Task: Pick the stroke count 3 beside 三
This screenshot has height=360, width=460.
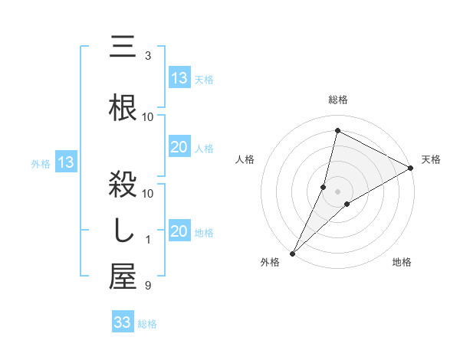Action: [148, 56]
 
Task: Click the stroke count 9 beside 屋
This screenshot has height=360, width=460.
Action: [148, 286]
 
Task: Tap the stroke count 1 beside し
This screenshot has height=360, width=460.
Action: [148, 240]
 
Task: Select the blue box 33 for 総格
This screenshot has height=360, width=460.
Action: [123, 322]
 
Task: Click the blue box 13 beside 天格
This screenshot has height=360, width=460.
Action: [179, 77]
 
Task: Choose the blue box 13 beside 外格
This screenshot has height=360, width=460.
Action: [65, 162]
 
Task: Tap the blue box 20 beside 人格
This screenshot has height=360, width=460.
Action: [179, 147]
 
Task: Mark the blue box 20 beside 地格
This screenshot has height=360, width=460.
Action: [179, 231]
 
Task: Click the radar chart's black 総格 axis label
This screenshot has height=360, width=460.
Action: [338, 100]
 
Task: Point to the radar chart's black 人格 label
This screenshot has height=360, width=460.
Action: [245, 159]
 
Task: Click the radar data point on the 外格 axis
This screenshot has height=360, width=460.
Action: [292, 253]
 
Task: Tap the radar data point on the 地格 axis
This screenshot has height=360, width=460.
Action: [347, 204]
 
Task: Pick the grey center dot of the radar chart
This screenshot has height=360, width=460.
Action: [338, 191]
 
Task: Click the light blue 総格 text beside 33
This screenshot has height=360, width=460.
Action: [147, 324]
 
